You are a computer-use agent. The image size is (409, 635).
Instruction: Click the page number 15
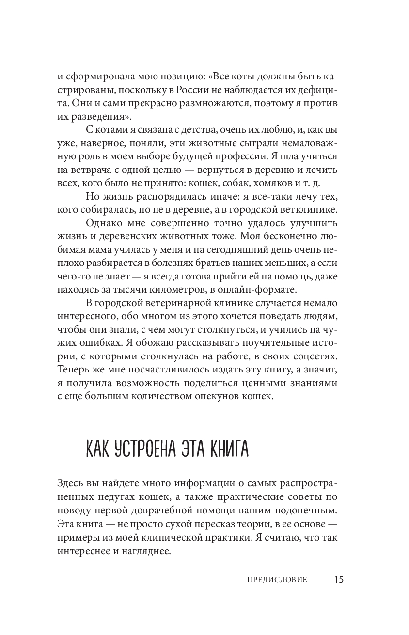coord(338,579)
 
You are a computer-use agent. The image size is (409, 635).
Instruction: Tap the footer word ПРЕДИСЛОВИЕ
coord(277,580)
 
